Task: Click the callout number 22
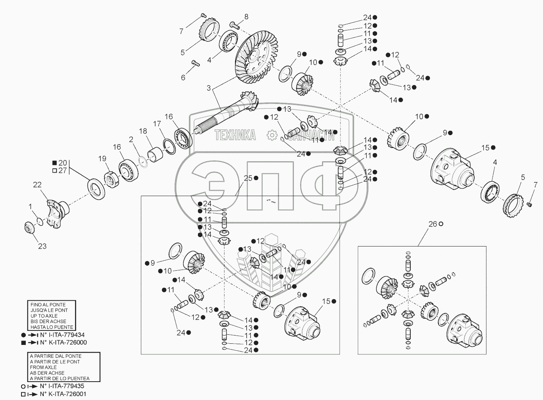pyautogui.click(x=37, y=185)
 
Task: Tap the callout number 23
pyautogui.click(x=42, y=246)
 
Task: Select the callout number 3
pyautogui.click(x=208, y=88)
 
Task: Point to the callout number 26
pyautogui.click(x=433, y=224)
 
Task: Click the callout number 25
pyautogui.click(x=248, y=178)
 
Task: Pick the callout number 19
pyautogui.click(x=102, y=159)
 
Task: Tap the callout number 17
pyautogui.click(x=157, y=124)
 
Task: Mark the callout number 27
pyautogui.click(x=62, y=170)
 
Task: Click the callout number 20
pyautogui.click(x=62, y=163)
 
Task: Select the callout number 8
pyautogui.click(x=246, y=16)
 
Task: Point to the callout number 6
pyautogui.click(x=183, y=78)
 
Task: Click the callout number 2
pyautogui.click(x=131, y=139)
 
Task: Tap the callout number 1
pyautogui.click(x=30, y=205)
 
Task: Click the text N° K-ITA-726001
pyautogui.click(x=63, y=394)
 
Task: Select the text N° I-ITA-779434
pyautogui.click(x=62, y=335)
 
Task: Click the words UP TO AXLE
pyautogui.click(x=44, y=316)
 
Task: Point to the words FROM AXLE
pyautogui.click(x=43, y=367)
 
